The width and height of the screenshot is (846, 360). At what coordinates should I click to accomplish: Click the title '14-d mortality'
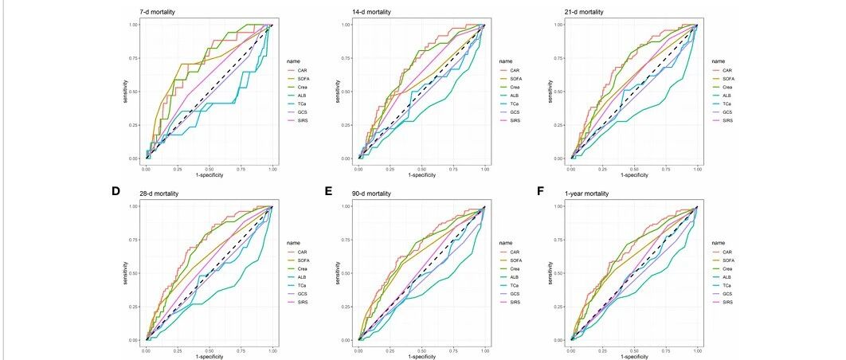pyautogui.click(x=370, y=12)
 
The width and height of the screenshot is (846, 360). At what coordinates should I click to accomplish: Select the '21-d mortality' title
pyautogui.click(x=582, y=12)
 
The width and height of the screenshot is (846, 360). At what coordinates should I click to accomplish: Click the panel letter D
pyautogui.click(x=116, y=192)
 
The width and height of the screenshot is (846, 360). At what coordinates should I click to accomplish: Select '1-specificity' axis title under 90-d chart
pyautogui.click(x=421, y=354)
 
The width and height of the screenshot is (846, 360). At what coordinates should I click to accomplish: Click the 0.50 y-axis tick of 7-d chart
pyautogui.click(x=134, y=92)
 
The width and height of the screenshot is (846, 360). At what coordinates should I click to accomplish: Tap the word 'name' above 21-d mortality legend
pyautogui.click(x=719, y=61)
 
